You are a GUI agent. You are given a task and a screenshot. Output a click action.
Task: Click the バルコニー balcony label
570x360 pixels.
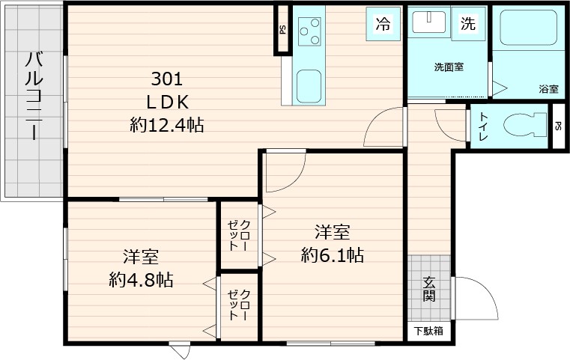(x=32, y=95)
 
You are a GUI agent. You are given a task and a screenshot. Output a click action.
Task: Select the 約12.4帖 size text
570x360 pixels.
(x=167, y=126)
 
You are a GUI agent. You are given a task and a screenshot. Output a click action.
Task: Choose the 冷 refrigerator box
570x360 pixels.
(x=382, y=24)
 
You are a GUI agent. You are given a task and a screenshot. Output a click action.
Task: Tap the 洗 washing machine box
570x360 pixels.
(x=467, y=24)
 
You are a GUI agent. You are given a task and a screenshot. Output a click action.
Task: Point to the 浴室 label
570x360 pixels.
(x=548, y=89)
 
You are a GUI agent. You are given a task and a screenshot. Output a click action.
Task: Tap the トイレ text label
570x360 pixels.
(x=483, y=126)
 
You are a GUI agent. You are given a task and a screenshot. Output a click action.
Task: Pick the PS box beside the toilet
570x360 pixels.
(x=559, y=126)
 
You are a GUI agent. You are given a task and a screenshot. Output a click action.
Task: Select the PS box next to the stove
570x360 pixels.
(x=282, y=30)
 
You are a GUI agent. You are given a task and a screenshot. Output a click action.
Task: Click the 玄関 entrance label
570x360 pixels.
(x=429, y=289)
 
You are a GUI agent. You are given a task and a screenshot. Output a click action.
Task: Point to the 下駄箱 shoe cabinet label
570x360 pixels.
(x=428, y=331)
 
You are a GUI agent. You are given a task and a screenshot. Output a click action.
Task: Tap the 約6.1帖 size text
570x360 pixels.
(x=333, y=245)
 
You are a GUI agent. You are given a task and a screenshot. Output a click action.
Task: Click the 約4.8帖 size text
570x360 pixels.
(x=141, y=269)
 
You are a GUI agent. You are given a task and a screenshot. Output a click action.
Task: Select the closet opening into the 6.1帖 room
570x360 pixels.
(x=239, y=235)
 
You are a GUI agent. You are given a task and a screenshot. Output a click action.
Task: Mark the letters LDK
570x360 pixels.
(x=167, y=103)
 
